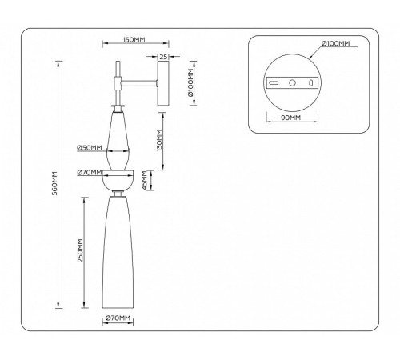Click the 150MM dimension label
[134, 40]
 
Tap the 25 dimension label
[163, 57]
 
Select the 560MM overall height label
[54, 183]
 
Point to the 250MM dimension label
[80, 250]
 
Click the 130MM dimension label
[159, 140]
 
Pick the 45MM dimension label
[144, 181]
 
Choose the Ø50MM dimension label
[90, 147]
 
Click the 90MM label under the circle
[290, 118]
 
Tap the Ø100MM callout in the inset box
[335, 43]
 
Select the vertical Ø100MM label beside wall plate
[190, 82]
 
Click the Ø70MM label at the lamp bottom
[118, 318]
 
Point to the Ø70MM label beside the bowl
[90, 173]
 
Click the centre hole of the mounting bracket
[292, 83]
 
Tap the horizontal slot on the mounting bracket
[274, 83]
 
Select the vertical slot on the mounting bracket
[310, 83]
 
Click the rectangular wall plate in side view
[163, 83]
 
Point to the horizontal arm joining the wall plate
[139, 83]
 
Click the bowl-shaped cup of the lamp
[118, 180]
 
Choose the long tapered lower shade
[118, 253]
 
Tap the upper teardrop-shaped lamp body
[118, 141]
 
